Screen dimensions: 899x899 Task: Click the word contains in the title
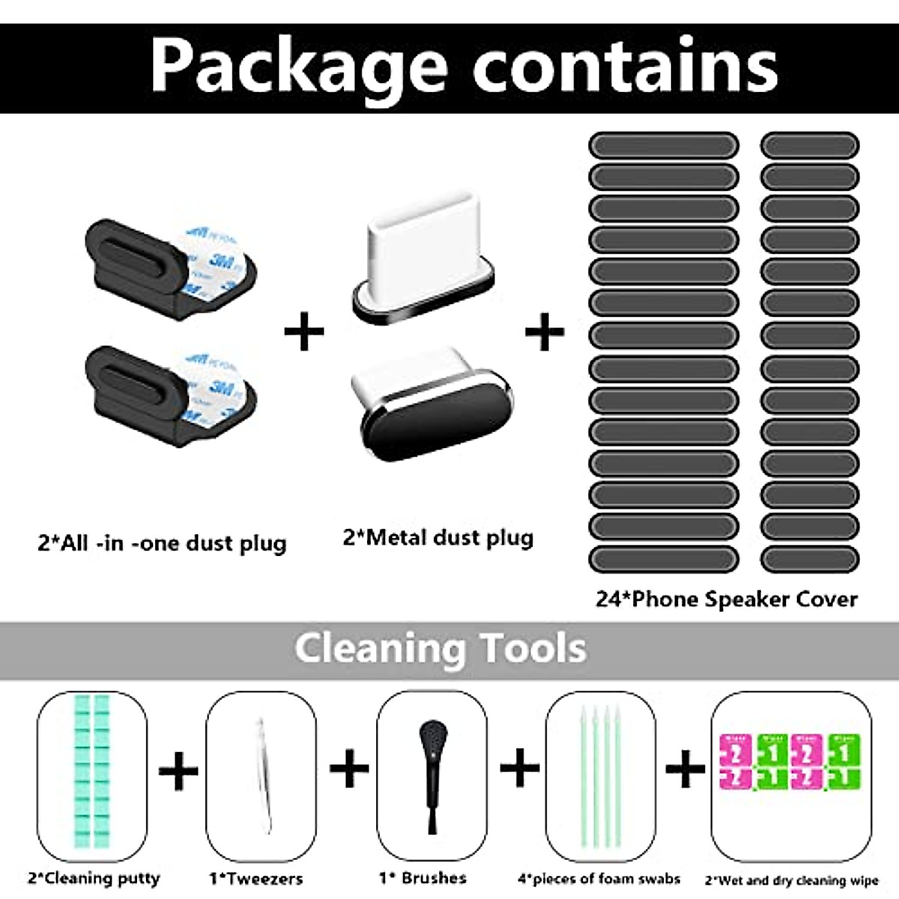(x=625, y=66)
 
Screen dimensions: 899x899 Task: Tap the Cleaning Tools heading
(x=440, y=647)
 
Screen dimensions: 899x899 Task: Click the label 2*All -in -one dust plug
(x=162, y=542)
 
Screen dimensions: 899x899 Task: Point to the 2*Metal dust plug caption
(x=438, y=537)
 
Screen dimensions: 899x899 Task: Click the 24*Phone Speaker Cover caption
(x=727, y=599)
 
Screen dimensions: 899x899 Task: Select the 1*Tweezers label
(x=256, y=878)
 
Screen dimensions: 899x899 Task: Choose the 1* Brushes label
(x=423, y=877)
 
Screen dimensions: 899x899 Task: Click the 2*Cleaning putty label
(x=94, y=878)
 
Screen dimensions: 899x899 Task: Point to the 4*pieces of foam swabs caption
(x=599, y=878)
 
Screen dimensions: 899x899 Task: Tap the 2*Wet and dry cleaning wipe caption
(x=791, y=880)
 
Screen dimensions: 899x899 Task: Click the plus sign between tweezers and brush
(x=349, y=769)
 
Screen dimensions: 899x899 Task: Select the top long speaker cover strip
(x=664, y=145)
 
